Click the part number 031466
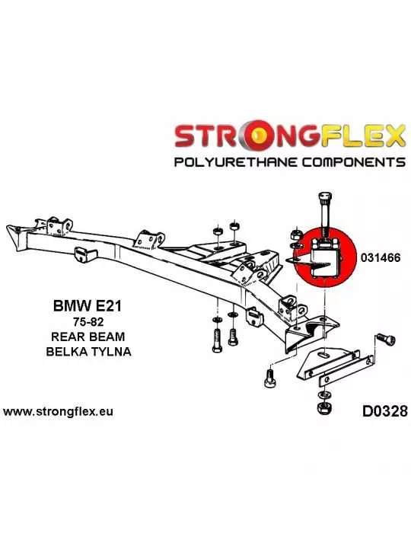(381, 257)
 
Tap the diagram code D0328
(384, 411)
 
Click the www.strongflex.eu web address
(58, 412)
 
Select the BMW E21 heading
(87, 306)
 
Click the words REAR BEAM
(88, 337)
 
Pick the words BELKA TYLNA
(88, 351)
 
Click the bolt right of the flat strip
(386, 340)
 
